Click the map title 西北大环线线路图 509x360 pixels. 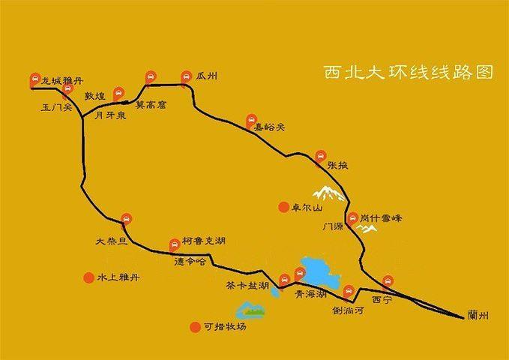click(409, 72)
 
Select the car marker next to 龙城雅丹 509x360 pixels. click(34, 79)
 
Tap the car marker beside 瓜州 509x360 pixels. click(187, 76)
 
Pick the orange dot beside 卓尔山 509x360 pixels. click(283, 207)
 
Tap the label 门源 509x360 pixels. click(333, 225)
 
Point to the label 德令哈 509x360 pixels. click(190, 262)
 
